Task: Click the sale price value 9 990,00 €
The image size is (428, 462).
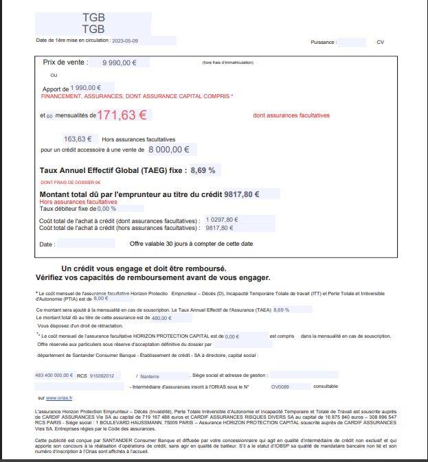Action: (x=120, y=62)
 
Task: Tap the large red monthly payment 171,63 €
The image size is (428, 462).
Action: (x=122, y=115)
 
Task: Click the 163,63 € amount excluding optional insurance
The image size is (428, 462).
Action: (x=78, y=139)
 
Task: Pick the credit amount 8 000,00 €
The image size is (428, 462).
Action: (x=168, y=149)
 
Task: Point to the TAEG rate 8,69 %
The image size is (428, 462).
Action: (x=203, y=170)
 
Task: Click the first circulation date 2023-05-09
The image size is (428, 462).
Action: (x=125, y=41)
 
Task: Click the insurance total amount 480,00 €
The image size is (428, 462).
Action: (x=161, y=318)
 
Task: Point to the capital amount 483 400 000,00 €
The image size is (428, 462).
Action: (x=54, y=376)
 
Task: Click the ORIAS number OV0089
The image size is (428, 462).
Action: (x=280, y=386)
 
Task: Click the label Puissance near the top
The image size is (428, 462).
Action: (x=323, y=43)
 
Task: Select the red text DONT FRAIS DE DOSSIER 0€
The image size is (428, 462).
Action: (x=70, y=183)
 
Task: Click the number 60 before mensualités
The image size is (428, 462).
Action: (x=49, y=117)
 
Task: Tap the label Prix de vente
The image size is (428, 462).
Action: (x=66, y=62)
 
